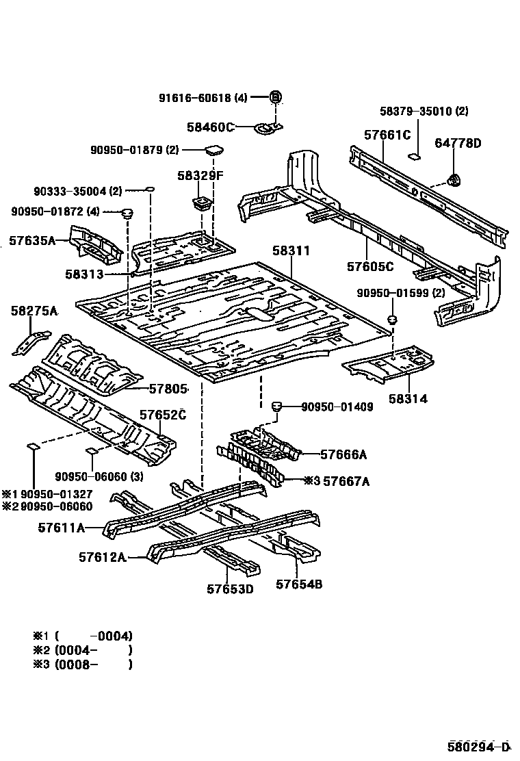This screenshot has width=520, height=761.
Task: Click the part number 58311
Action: [291, 252]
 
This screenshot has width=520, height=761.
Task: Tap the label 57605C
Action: [370, 266]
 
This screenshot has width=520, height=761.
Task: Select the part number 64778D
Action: [458, 143]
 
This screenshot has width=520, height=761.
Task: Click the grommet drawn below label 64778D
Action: [453, 180]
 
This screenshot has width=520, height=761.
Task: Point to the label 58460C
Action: [210, 127]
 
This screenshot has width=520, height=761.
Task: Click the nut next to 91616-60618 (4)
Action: [275, 97]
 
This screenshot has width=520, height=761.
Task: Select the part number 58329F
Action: [200, 176]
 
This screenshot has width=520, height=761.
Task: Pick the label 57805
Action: [168, 389]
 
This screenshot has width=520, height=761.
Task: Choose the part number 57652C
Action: [163, 415]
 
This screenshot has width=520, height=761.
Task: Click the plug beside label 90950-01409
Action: [278, 407]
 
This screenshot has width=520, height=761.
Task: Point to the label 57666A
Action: [344, 454]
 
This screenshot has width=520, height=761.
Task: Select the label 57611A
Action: [62, 527]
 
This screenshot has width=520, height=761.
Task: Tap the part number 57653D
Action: [230, 588]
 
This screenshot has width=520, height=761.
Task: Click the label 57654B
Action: [299, 584]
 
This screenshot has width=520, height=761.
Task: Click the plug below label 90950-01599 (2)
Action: [393, 319]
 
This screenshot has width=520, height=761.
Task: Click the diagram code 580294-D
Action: [479, 746]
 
